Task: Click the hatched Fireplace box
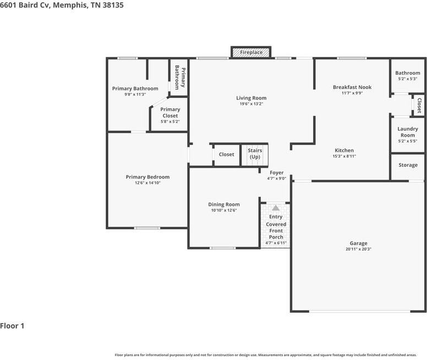coord(251,52)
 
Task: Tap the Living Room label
coord(251,98)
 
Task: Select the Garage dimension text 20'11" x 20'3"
coord(358,249)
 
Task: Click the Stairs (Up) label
coord(255,154)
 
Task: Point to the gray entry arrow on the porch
coord(276,208)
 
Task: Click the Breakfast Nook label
coord(352,87)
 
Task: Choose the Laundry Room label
coord(408,132)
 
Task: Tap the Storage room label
coord(408,165)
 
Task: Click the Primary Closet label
coord(170,112)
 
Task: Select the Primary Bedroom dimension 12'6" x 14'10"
coord(147,183)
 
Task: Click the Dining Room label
coord(224,204)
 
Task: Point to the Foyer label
coord(277,173)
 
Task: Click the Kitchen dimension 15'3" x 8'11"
coord(344,156)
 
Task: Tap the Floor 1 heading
coord(12,326)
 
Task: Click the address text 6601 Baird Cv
coord(25,5)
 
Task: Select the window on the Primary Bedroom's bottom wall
coord(147,228)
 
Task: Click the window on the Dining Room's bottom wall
coord(223,248)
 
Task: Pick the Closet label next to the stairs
coord(226,154)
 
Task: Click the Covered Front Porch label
coord(276,231)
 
